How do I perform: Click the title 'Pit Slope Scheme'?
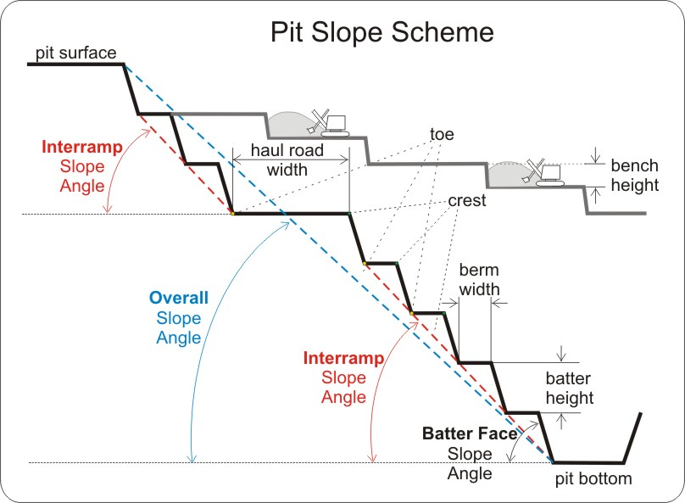click(x=381, y=32)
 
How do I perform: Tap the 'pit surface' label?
click(x=76, y=53)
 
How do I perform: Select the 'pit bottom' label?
click(x=593, y=479)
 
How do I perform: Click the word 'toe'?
click(x=443, y=135)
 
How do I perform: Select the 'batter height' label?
click(x=568, y=388)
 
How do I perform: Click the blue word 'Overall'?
click(x=178, y=299)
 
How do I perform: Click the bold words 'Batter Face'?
click(x=470, y=433)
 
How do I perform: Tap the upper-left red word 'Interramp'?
click(x=81, y=147)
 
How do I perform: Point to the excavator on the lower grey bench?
click(x=543, y=172)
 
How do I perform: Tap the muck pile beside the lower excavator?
click(x=505, y=173)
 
